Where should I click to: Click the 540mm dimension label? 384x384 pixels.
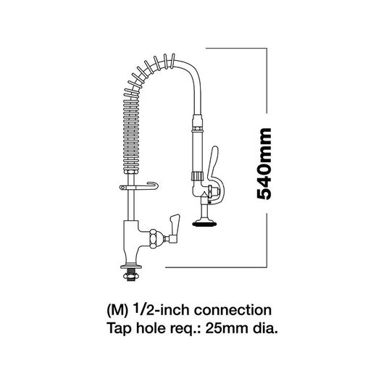coord(264,164)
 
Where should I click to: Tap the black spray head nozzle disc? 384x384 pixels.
coord(205,224)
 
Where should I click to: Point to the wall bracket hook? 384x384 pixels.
coord(138,187)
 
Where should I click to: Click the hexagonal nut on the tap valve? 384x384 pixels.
coord(154,239)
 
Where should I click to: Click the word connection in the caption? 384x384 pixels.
coord(233,310)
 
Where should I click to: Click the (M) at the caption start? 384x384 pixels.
coord(117,311)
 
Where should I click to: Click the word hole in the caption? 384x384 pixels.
coord(151,328)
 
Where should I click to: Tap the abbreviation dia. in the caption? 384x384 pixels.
coord(265,328)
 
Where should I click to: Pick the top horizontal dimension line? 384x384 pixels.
coord(236,49)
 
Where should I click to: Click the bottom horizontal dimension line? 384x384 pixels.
coord(216,267)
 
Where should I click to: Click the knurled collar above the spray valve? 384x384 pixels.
coord(197,176)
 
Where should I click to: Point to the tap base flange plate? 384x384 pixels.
coord(130,266)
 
